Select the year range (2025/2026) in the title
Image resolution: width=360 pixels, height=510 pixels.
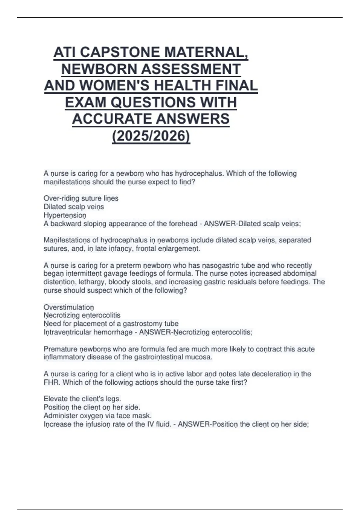tap(151, 136)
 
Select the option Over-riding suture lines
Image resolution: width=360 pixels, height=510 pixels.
tap(81, 198)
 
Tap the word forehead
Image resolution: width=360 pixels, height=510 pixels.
tap(183, 224)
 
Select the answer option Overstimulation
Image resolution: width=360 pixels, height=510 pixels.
tap(69, 307)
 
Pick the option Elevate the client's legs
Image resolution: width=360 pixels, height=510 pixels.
tap(82, 399)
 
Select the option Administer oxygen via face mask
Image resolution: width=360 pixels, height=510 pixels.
tap(97, 416)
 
